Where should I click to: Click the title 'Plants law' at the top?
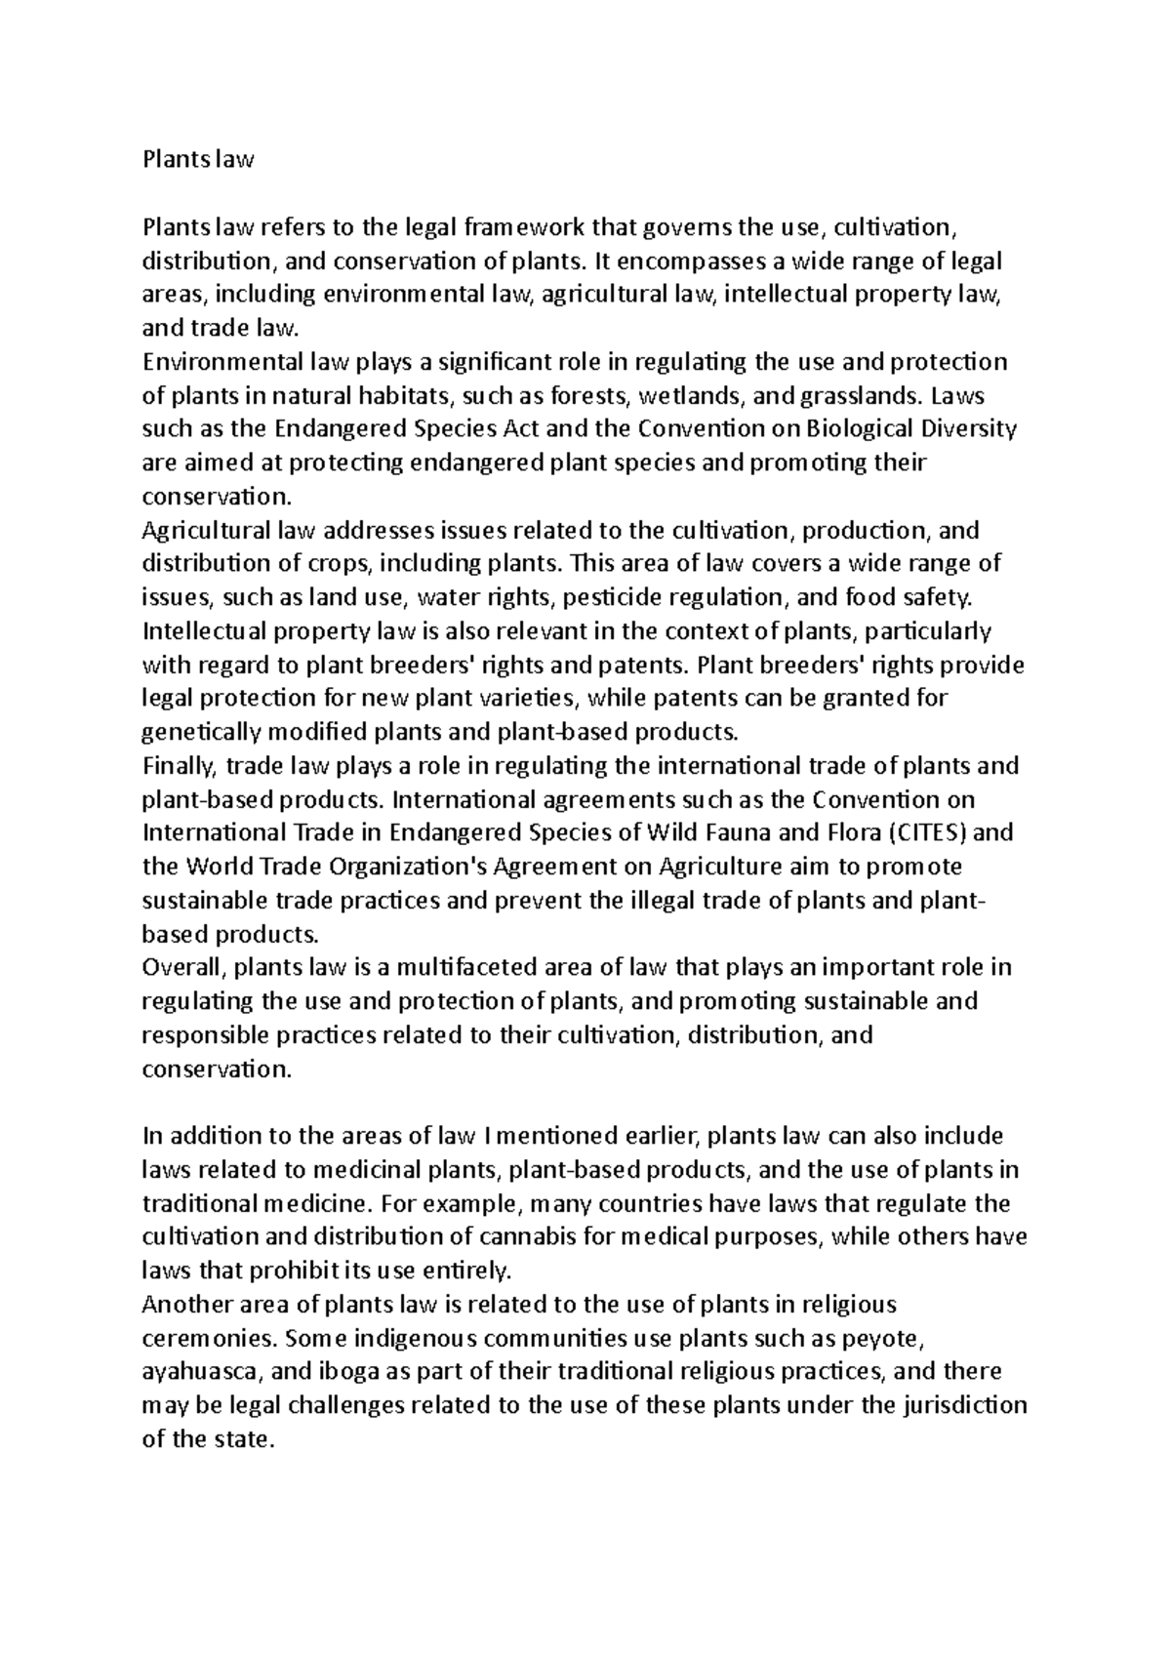[198, 160]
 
